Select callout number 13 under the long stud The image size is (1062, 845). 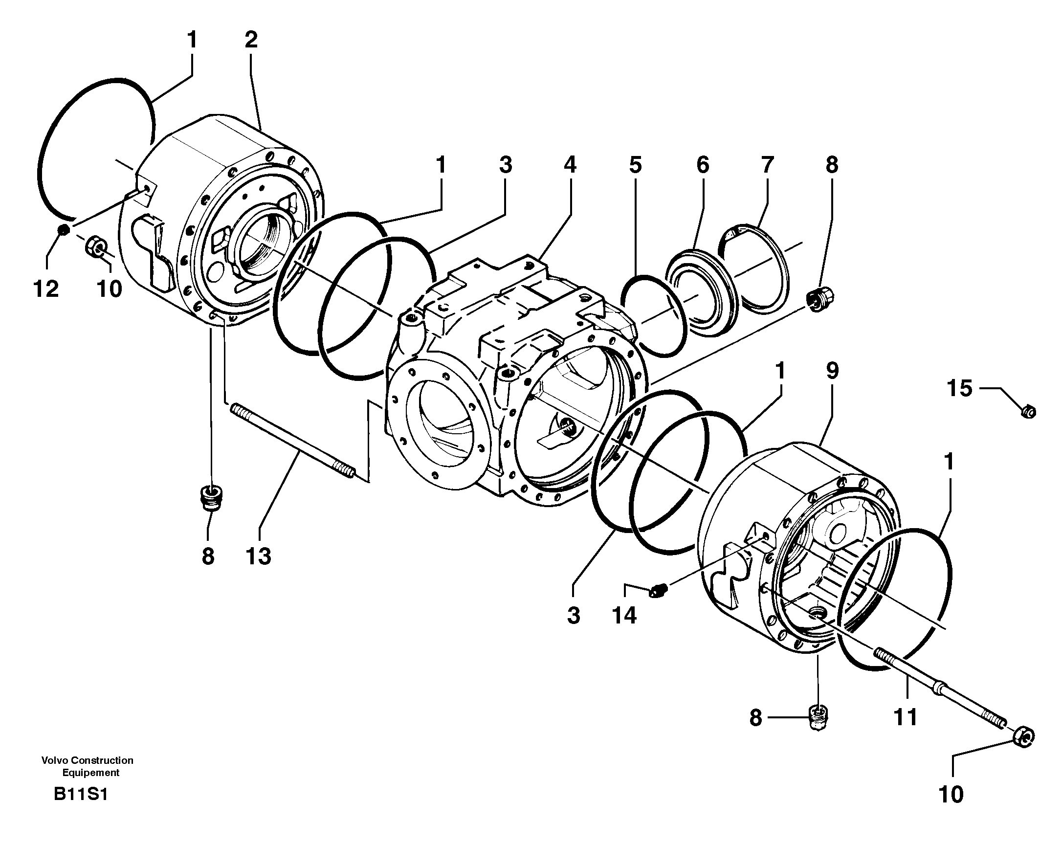point(258,557)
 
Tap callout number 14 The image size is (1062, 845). point(624,615)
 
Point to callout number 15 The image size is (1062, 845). point(959,389)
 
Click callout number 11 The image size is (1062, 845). point(906,717)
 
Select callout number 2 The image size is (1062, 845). point(251,40)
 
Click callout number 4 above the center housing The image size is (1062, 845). point(570,165)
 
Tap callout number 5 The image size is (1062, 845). point(636,165)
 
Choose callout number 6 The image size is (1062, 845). point(703,165)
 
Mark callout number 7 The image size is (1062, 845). point(767,165)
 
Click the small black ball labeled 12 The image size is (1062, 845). point(63,230)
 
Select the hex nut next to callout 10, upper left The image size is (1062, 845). point(95,245)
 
